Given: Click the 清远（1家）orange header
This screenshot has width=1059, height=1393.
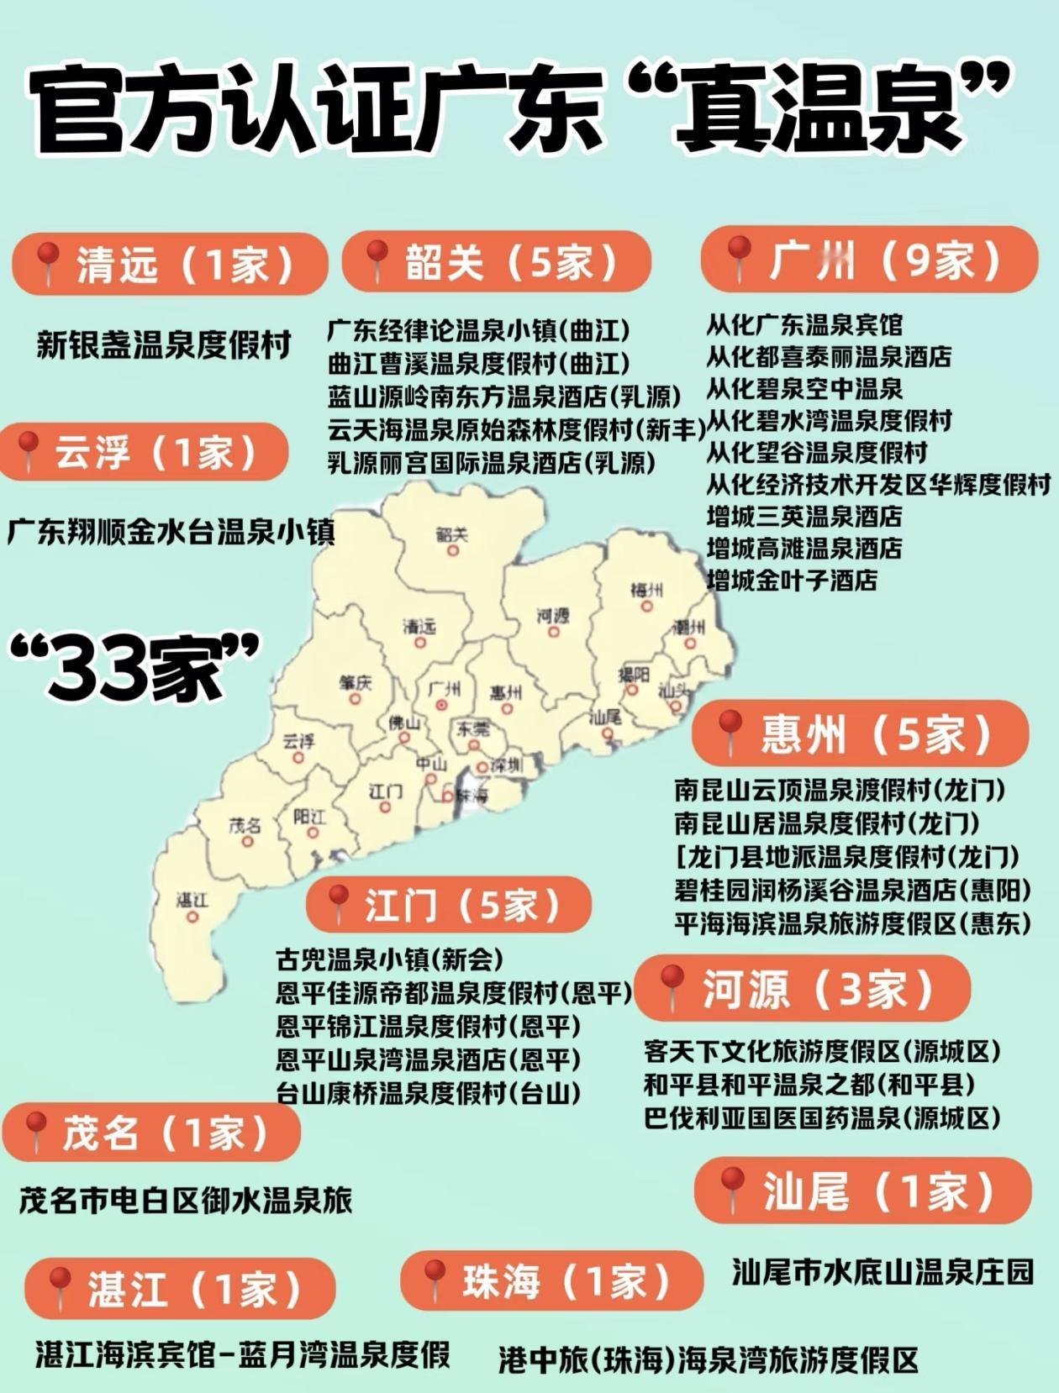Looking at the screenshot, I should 171,264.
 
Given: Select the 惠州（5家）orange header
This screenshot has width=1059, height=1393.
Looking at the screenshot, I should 861,733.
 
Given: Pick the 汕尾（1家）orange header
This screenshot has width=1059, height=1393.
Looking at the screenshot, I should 862,1191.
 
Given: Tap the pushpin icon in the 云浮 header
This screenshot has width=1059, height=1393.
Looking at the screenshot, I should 29,450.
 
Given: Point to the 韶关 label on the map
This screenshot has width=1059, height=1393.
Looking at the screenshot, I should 452,534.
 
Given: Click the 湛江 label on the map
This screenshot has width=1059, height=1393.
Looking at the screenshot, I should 192,901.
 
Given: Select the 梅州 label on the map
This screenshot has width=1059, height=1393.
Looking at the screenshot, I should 646,590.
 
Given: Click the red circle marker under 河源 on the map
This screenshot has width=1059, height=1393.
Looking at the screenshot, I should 553,632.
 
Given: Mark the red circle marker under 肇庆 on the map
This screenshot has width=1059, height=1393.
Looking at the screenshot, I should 355,699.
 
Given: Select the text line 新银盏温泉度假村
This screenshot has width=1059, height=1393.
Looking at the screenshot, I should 164,345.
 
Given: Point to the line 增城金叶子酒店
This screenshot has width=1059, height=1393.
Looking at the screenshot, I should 792,580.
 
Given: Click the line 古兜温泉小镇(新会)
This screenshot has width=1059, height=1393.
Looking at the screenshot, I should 390,959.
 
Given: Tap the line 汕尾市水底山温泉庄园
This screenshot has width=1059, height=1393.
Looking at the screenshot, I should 882,1271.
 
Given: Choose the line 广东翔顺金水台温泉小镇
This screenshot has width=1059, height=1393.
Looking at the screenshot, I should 171,533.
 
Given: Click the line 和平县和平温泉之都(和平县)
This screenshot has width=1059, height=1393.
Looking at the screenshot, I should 809,1085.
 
